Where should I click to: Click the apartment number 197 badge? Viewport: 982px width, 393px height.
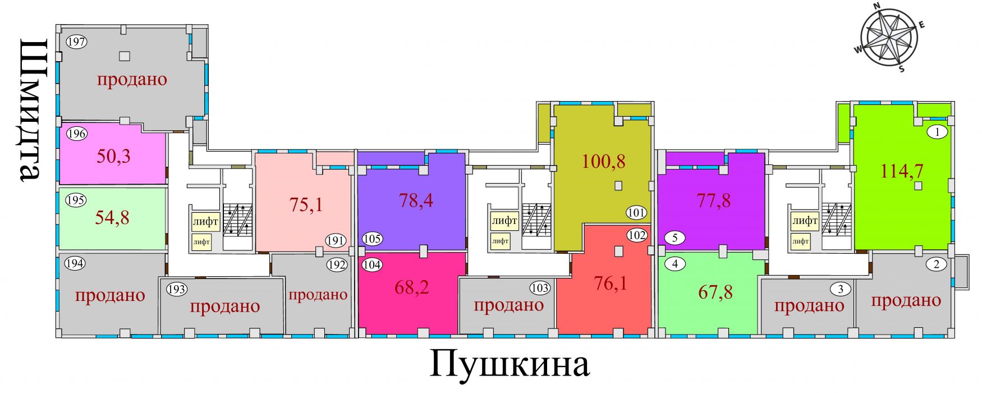point(76,42)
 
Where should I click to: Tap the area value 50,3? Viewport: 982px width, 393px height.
point(113,156)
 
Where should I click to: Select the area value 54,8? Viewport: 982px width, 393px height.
point(112,217)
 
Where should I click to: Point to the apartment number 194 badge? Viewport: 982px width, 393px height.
point(76,263)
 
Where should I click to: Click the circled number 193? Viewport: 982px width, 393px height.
point(177,290)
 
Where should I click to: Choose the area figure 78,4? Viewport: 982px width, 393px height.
point(416,200)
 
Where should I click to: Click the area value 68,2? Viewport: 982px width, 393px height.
point(411,287)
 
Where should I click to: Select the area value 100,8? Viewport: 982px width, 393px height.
point(604,162)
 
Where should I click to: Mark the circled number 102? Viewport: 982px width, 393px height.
point(637,235)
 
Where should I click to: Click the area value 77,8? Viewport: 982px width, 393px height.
point(714,200)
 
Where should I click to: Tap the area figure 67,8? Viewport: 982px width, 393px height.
point(715,293)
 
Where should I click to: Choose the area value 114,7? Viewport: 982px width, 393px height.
point(902,170)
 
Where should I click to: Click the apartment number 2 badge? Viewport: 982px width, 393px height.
point(936,264)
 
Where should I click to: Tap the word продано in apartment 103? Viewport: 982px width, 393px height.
point(508,305)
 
